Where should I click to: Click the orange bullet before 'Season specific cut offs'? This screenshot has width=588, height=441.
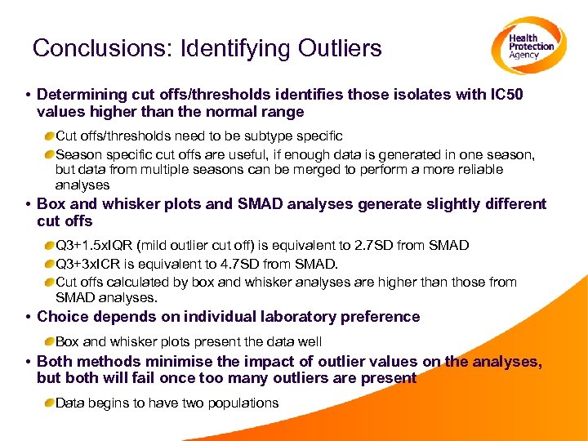point(50,154)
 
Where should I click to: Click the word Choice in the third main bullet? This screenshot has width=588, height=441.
point(62,316)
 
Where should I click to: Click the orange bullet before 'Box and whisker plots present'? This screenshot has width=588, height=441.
point(50,341)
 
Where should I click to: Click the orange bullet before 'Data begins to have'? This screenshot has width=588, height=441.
point(50,403)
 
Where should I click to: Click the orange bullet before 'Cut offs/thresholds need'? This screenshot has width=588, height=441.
point(50,136)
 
